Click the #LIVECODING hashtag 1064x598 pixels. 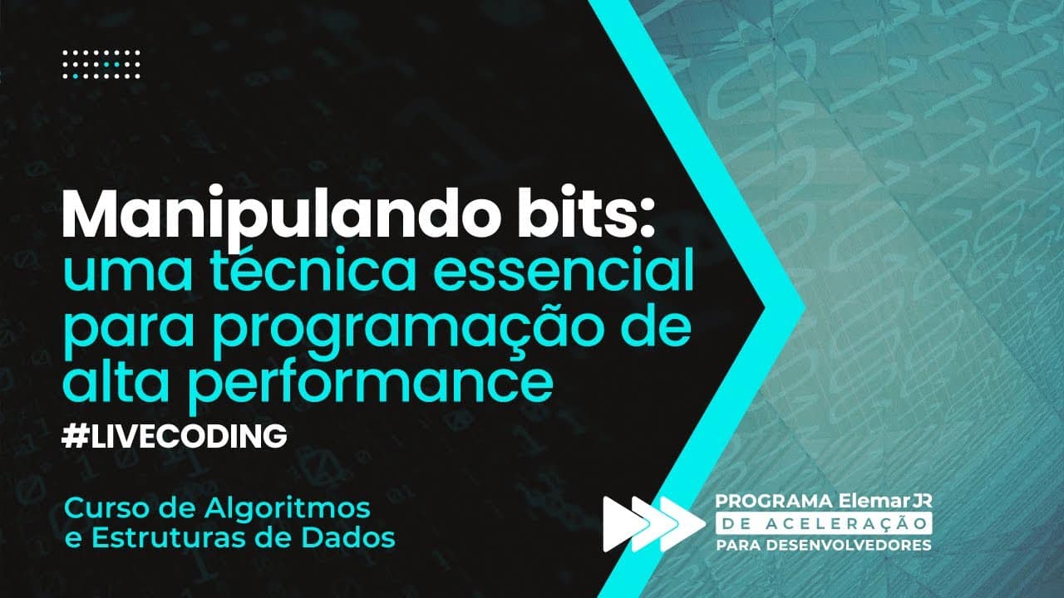(x=175, y=435)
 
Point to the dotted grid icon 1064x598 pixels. (x=102, y=64)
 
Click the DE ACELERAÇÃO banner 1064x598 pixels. (x=824, y=523)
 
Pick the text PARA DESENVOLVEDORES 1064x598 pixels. (x=824, y=545)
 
